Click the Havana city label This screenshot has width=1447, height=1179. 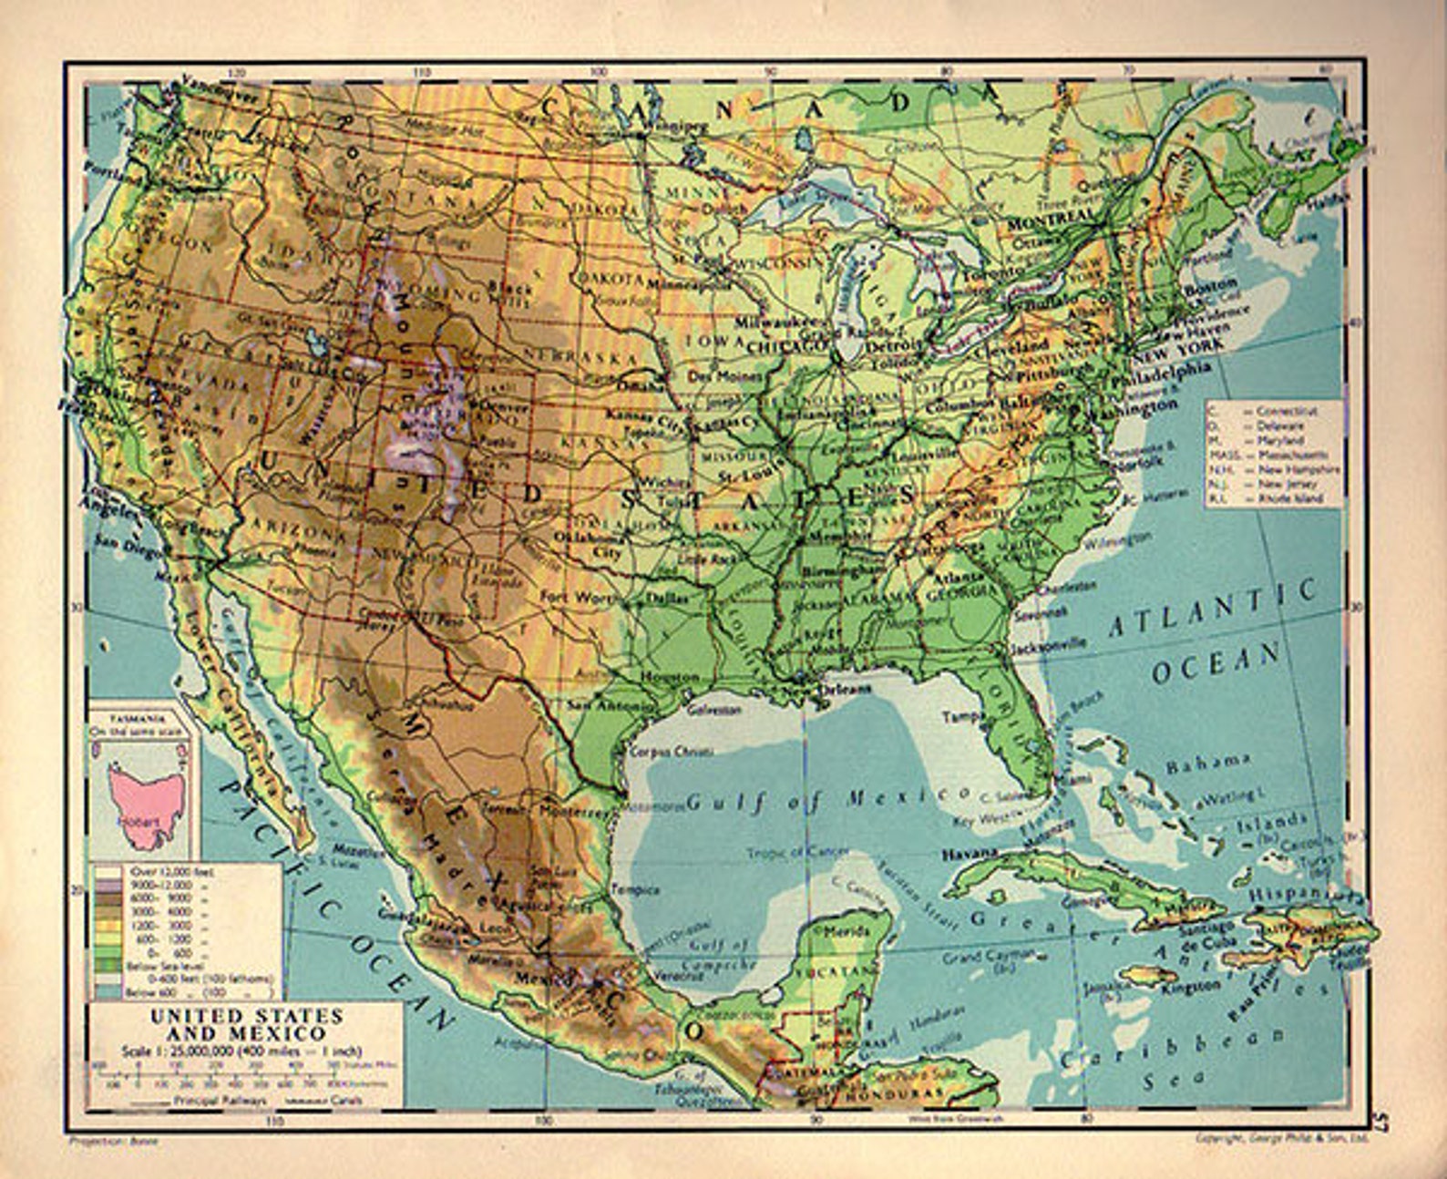[969, 855]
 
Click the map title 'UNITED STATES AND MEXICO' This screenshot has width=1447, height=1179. [246, 1024]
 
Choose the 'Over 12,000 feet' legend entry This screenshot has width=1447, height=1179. [155, 872]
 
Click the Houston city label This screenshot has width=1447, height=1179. [670, 677]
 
